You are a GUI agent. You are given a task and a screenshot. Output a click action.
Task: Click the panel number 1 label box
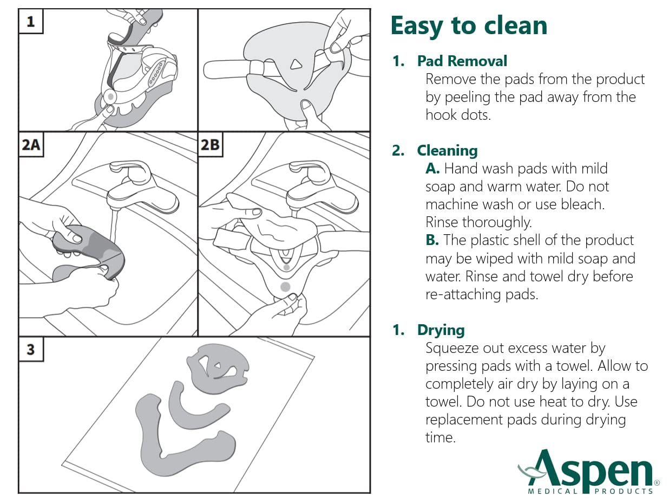pos(30,22)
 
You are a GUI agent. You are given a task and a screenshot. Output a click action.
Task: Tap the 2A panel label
pos(31,145)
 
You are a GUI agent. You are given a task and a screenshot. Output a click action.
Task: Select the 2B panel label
pos(211,145)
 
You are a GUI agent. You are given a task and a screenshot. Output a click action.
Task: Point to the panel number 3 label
pos(30,350)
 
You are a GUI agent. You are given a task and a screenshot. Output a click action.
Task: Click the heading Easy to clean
pos(469,25)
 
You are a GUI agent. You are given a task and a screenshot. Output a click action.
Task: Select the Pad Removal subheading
pos(462,61)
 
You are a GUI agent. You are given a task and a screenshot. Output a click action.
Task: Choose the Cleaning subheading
pos(447,150)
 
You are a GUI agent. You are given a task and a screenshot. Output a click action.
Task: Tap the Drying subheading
pos(441,330)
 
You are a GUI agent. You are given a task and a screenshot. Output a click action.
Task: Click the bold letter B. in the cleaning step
pos(432,240)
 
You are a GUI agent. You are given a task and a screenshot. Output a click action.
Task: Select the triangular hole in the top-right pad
pos(296,65)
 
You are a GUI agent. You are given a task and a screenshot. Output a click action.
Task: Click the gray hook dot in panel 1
pos(110,96)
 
